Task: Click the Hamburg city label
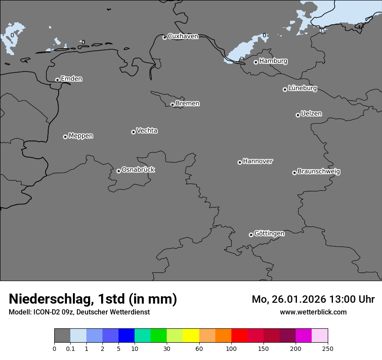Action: (x=273, y=61)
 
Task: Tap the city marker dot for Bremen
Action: (x=172, y=105)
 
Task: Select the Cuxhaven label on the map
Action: (x=183, y=36)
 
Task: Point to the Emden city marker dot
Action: (x=57, y=80)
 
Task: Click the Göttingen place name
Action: (x=269, y=234)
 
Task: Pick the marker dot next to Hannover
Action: (x=240, y=162)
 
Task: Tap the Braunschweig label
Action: (x=319, y=172)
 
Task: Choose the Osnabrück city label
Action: (x=138, y=170)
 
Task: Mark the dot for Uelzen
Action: (x=298, y=115)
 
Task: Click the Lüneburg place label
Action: (x=302, y=88)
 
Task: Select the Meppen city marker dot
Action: (x=65, y=137)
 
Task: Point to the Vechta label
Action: (x=147, y=131)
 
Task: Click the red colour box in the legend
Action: (x=239, y=336)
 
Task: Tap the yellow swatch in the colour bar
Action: (x=191, y=336)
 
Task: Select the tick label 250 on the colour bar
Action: (x=328, y=348)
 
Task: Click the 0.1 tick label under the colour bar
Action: (x=70, y=348)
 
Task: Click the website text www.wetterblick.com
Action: (x=313, y=312)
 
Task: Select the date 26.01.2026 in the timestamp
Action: (x=294, y=299)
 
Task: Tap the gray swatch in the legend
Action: (x=62, y=336)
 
